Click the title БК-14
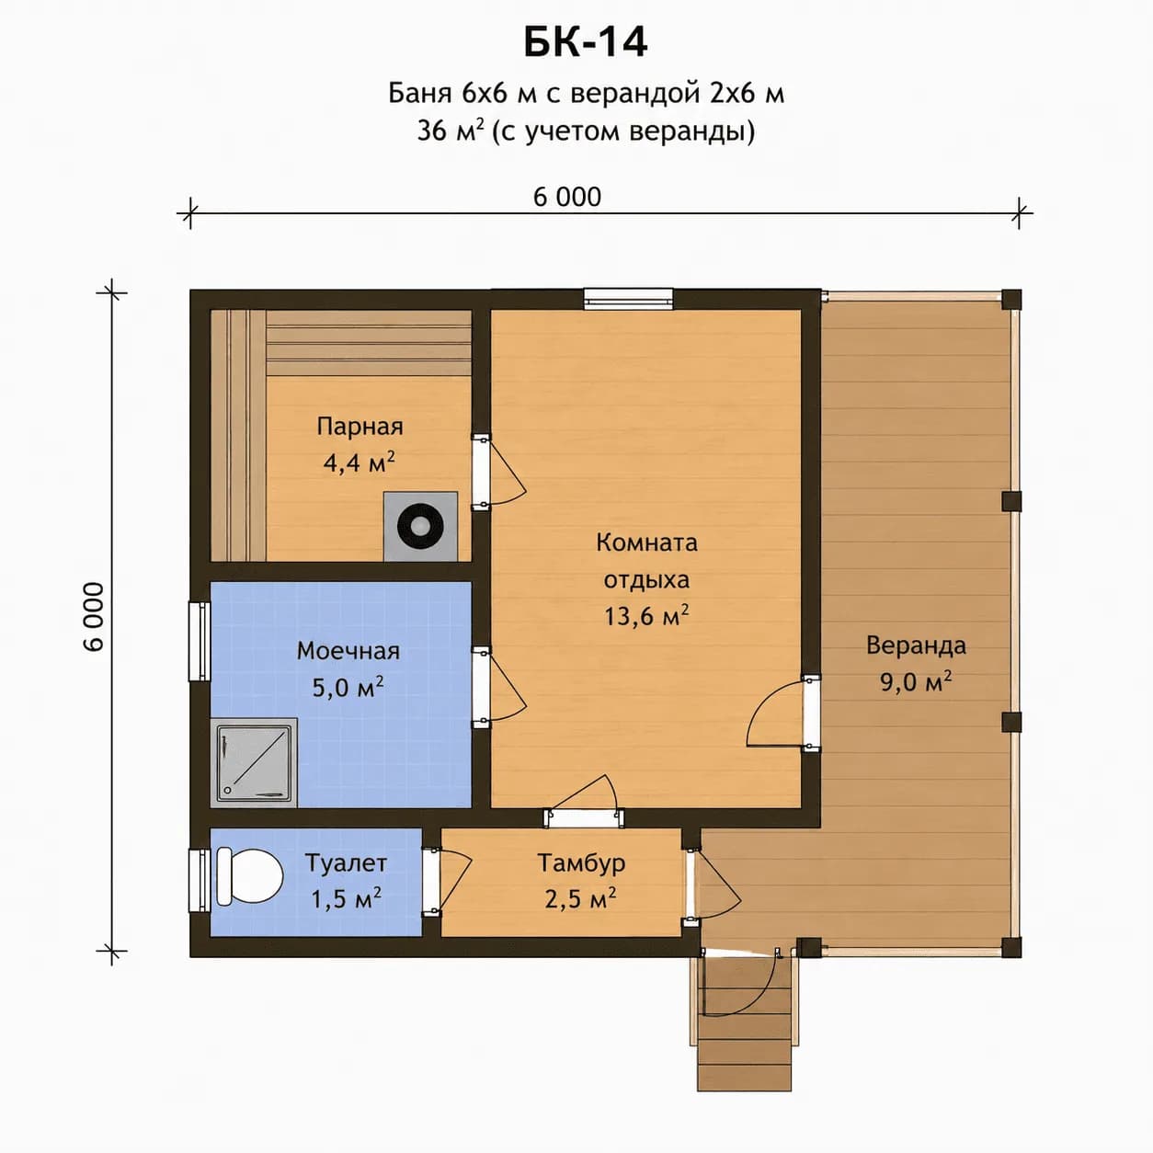tap(585, 42)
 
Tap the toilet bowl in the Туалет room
tap(249, 877)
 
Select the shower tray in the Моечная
tap(254, 762)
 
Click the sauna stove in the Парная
tap(420, 527)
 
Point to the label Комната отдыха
tap(646, 561)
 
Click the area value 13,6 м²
tap(646, 615)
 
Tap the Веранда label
tap(916, 645)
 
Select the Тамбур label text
tap(581, 862)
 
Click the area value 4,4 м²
tap(359, 462)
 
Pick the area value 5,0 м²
tap(348, 688)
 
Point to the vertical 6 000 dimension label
tap(94, 617)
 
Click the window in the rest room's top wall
tap(628, 299)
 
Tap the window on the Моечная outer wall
tap(200, 641)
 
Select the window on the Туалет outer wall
tap(200, 881)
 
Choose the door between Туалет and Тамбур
tap(447, 882)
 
